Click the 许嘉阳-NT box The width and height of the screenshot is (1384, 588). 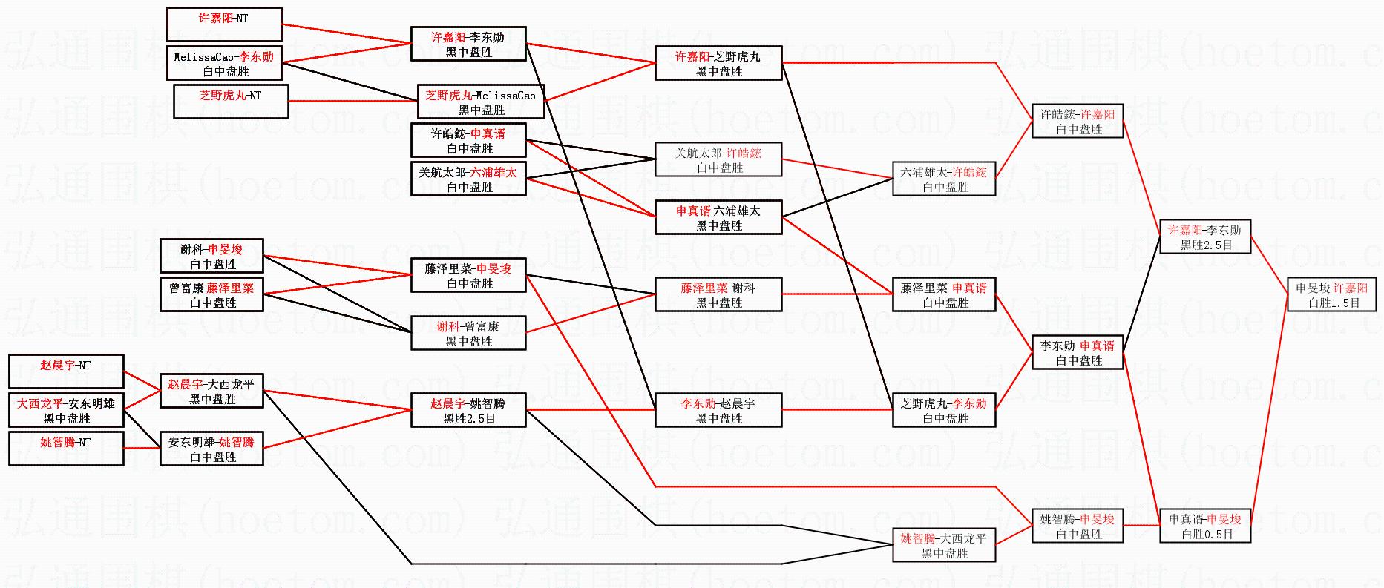(x=224, y=24)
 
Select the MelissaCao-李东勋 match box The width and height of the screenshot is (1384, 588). (x=224, y=64)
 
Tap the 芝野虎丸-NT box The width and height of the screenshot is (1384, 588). (x=231, y=102)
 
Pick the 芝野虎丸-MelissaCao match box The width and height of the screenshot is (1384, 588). (x=481, y=102)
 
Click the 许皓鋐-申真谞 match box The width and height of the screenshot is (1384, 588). (x=468, y=141)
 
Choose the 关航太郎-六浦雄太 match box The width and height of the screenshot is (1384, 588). (x=468, y=179)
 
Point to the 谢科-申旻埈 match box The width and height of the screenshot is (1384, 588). (x=211, y=257)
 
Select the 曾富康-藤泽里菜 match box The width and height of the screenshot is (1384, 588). (x=211, y=295)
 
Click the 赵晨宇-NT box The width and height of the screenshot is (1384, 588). (x=66, y=371)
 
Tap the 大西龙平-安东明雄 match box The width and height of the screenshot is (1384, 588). (x=66, y=410)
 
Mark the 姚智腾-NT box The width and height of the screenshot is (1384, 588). (x=66, y=449)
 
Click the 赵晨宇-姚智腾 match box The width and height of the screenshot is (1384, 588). (x=468, y=410)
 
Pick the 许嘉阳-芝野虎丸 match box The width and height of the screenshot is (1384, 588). (x=718, y=64)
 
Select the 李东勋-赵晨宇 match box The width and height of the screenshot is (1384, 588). (x=718, y=410)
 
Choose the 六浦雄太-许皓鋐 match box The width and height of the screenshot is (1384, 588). (x=944, y=179)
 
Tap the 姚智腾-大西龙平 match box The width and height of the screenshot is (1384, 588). (x=944, y=545)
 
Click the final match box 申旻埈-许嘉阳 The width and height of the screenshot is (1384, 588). (x=1331, y=295)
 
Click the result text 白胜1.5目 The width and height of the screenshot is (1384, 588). (x=1334, y=303)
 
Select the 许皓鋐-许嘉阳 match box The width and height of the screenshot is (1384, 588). (x=1078, y=121)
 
